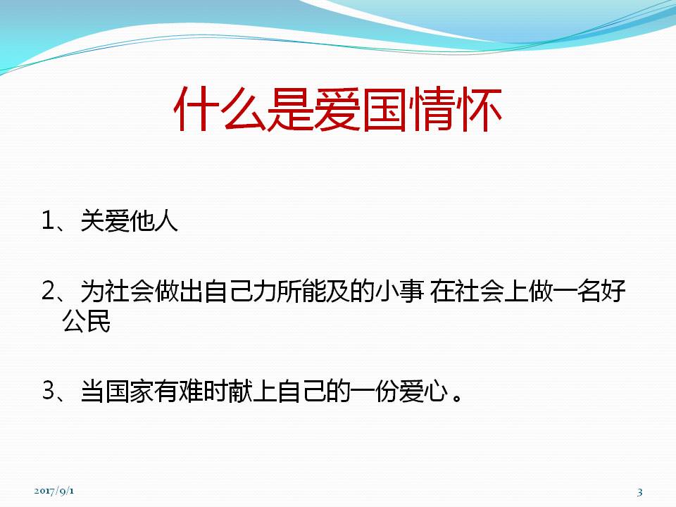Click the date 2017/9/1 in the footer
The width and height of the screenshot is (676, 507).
click(x=54, y=491)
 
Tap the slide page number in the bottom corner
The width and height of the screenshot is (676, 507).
click(x=640, y=492)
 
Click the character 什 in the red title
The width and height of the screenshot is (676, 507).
click(x=197, y=109)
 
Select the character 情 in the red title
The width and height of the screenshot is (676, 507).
click(x=432, y=109)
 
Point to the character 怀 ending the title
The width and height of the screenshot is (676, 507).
click(x=479, y=109)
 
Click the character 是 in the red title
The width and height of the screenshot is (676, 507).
click(x=291, y=109)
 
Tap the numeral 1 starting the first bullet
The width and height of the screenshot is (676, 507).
click(x=47, y=220)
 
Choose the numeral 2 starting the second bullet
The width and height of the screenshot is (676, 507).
click(x=47, y=291)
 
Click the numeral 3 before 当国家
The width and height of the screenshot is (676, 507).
click(x=47, y=391)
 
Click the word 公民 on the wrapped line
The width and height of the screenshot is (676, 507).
click(x=86, y=321)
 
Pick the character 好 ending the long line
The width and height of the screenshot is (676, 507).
click(x=614, y=292)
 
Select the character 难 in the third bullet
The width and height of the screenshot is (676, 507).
click(x=191, y=392)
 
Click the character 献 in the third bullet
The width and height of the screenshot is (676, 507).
click(x=240, y=392)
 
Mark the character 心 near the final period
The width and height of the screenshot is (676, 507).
click(x=436, y=392)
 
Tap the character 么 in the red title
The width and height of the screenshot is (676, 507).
click(x=244, y=109)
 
